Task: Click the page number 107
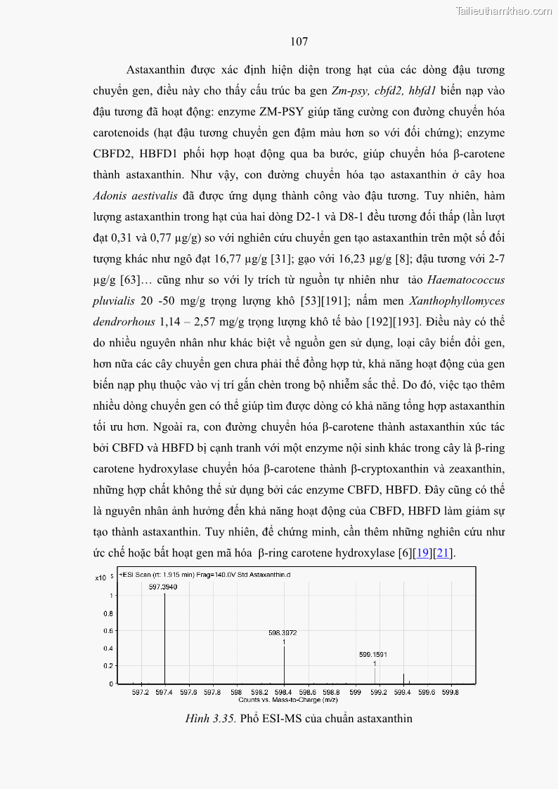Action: pyautogui.click(x=299, y=42)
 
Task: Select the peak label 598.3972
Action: pyautogui.click(x=283, y=633)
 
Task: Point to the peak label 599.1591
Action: pyautogui.click(x=373, y=655)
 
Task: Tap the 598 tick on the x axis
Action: pyautogui.click(x=236, y=692)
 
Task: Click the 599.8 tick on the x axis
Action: pyautogui.click(x=450, y=692)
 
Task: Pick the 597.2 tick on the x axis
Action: pyautogui.click(x=141, y=692)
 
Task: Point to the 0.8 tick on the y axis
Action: pyautogui.click(x=108, y=613)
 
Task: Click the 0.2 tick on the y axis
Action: pyautogui.click(x=108, y=666)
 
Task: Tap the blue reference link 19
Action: pyautogui.click(x=422, y=554)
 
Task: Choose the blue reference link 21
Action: pyautogui.click(x=443, y=554)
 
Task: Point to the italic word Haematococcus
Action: pyautogui.click(x=468, y=280)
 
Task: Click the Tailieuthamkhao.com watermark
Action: pyautogui.click(x=503, y=11)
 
